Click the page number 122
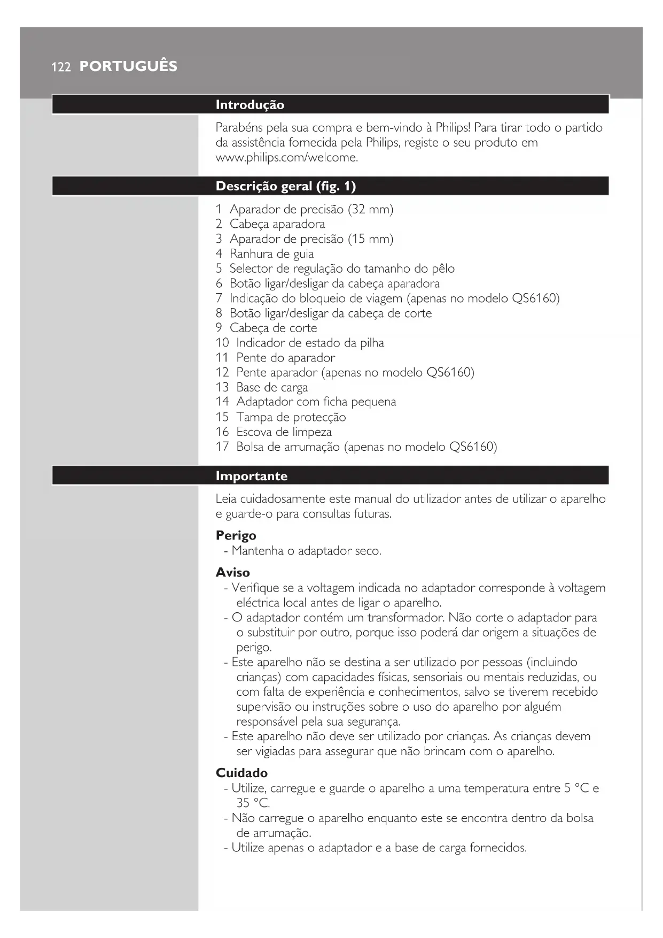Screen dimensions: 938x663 pos(61,67)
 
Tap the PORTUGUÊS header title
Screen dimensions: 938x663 pos(128,66)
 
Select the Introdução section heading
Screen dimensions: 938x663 pos(249,105)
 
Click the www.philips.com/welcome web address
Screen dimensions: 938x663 pos(286,158)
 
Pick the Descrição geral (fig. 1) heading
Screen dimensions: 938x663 pos(285,186)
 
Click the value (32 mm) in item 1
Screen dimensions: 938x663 pos(370,209)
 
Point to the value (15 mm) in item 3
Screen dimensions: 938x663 pos(370,239)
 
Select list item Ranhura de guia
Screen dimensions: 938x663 pos(271,254)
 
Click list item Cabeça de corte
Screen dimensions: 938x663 pos(273,328)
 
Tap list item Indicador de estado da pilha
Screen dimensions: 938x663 pos(310,343)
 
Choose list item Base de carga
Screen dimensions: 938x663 pos(272,387)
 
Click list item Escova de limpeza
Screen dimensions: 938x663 pos(284,432)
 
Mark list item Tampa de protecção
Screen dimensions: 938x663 pos(291,417)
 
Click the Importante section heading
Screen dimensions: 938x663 pos(251,476)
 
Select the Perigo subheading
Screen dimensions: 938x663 pos(236,535)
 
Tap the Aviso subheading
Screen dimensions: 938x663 pos(232,572)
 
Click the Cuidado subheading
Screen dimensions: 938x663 pos(241,773)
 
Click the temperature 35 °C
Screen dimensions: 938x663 pos(253,803)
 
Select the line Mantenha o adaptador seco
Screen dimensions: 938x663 pos(306,551)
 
